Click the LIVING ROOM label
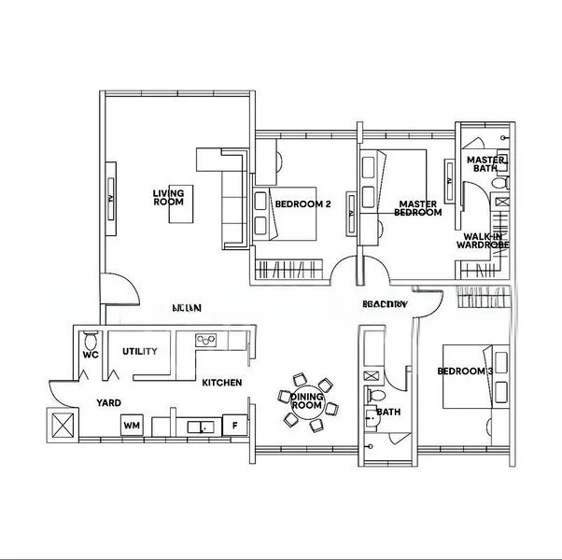tap(168, 197)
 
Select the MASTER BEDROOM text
tap(418, 207)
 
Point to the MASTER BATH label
tap(486, 164)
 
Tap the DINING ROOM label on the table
tap(306, 401)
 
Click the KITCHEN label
tap(222, 383)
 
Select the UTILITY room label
tap(139, 352)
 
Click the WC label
tap(90, 356)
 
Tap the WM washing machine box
tap(132, 427)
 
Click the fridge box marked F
tap(234, 427)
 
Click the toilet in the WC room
tap(90, 339)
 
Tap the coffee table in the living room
tap(182, 209)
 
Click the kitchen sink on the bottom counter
tap(197, 427)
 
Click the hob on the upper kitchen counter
tap(205, 339)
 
